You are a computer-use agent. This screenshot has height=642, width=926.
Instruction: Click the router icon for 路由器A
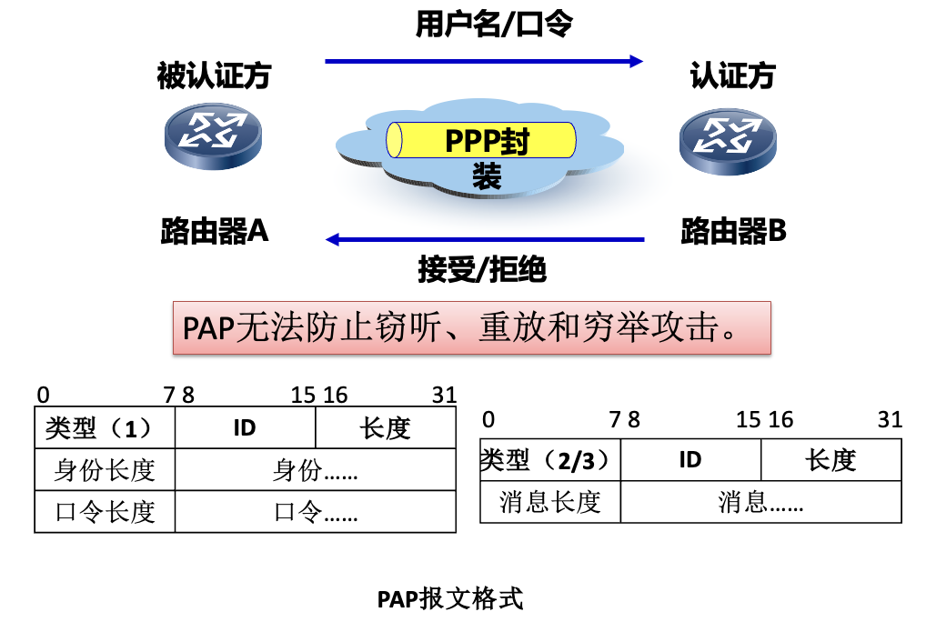point(213,134)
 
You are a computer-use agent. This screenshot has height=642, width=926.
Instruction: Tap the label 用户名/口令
point(494,25)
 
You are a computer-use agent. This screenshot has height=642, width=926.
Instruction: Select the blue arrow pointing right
point(484,61)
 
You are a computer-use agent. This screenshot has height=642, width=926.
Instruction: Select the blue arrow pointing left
point(484,240)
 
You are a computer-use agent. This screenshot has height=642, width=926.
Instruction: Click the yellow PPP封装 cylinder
point(482,141)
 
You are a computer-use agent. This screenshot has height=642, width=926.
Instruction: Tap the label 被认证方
point(214,75)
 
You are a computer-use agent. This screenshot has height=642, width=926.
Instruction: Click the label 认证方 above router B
point(732,75)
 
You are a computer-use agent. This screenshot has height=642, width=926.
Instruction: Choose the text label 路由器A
point(215,232)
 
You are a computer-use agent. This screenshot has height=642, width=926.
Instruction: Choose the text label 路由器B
point(733,232)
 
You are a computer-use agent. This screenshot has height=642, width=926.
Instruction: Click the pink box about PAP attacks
point(472,327)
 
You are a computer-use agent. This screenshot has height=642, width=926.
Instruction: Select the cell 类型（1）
point(104,427)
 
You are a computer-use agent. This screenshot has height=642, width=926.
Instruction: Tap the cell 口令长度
point(104,511)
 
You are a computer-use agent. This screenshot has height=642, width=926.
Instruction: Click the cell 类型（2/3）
point(549,460)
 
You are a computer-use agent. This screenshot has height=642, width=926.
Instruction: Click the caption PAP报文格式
point(450,599)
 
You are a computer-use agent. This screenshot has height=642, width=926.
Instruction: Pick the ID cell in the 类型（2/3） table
point(690,460)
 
